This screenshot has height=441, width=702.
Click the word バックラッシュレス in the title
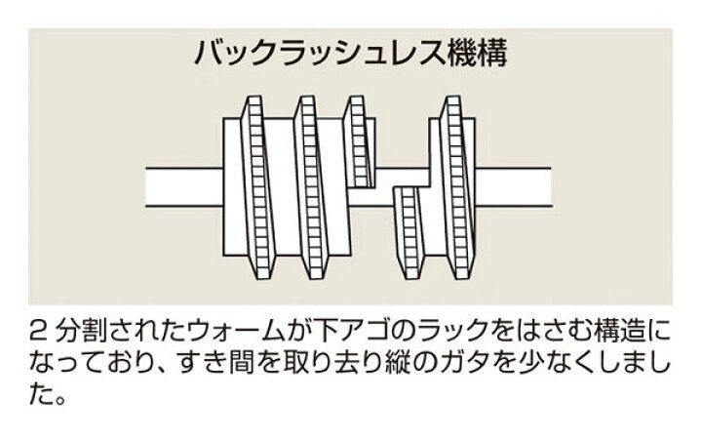pos(320,54)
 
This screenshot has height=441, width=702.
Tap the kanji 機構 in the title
pos(477,54)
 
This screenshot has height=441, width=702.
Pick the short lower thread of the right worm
pos(408,232)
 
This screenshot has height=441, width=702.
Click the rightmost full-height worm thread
pos(457,187)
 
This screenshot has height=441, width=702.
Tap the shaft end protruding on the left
pos(184,187)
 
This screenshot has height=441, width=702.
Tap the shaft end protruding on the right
pos(513,187)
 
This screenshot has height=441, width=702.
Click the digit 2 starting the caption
pos(38,331)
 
